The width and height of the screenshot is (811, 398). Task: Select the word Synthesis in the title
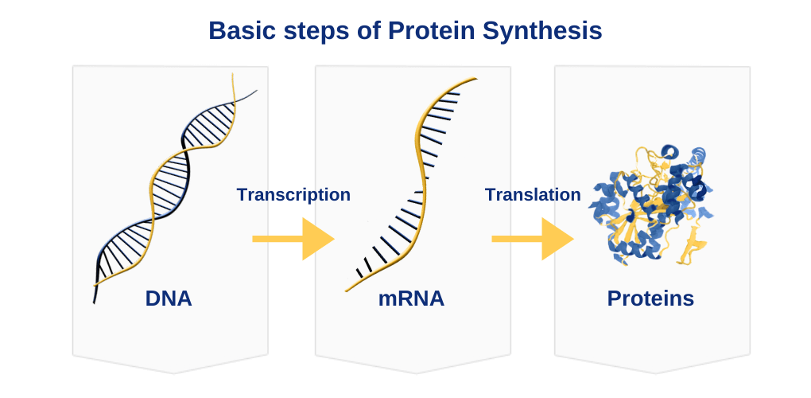coord(542,32)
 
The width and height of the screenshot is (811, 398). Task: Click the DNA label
coord(169,298)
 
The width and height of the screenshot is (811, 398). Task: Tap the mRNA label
coord(411,298)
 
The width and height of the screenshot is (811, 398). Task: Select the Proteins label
coord(650,298)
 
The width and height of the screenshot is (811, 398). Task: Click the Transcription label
coord(293,194)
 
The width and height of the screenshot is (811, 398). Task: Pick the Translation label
coord(533,194)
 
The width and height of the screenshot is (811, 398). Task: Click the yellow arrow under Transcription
coord(293,239)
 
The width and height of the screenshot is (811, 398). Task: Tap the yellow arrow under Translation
coord(533,239)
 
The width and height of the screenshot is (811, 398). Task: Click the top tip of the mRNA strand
coord(475,79)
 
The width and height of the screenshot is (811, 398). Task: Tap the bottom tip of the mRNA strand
coord(347,291)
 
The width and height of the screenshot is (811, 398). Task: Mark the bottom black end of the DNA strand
coord(94,302)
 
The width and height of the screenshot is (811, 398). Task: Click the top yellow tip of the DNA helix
coord(233,74)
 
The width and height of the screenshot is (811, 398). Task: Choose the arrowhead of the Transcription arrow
coord(317,239)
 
